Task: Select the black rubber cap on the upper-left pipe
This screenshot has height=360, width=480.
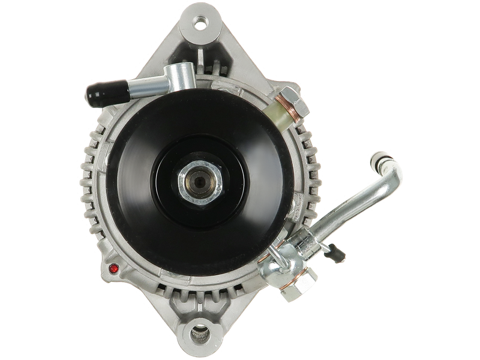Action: point(101,94)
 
